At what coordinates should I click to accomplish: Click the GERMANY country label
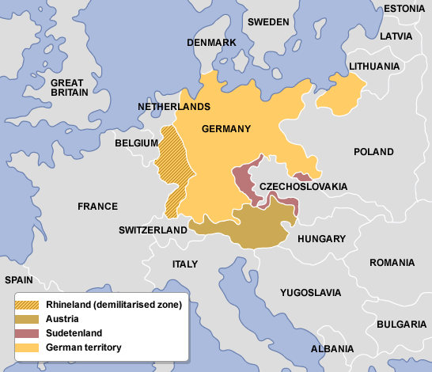[x=226, y=129]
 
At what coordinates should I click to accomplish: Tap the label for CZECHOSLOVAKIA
[x=303, y=186]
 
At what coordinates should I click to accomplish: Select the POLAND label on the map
[x=373, y=151]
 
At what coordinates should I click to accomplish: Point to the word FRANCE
[x=97, y=206]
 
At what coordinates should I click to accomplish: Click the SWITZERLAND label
[x=153, y=230]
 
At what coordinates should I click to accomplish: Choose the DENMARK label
[x=211, y=42]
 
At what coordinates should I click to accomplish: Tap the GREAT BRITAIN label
[x=70, y=87]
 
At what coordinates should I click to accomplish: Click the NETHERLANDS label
[x=174, y=106]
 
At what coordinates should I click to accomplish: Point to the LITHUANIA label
[x=373, y=66]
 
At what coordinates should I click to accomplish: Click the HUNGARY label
[x=321, y=238]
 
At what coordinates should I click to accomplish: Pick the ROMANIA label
[x=391, y=262]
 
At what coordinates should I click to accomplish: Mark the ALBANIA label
[x=332, y=348]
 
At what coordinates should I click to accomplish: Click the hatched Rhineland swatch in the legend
[x=28, y=305]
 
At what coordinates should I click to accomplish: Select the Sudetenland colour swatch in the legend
[x=28, y=333]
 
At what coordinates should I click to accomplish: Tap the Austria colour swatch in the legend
[x=28, y=319]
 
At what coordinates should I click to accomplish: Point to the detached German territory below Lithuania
[x=340, y=93]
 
